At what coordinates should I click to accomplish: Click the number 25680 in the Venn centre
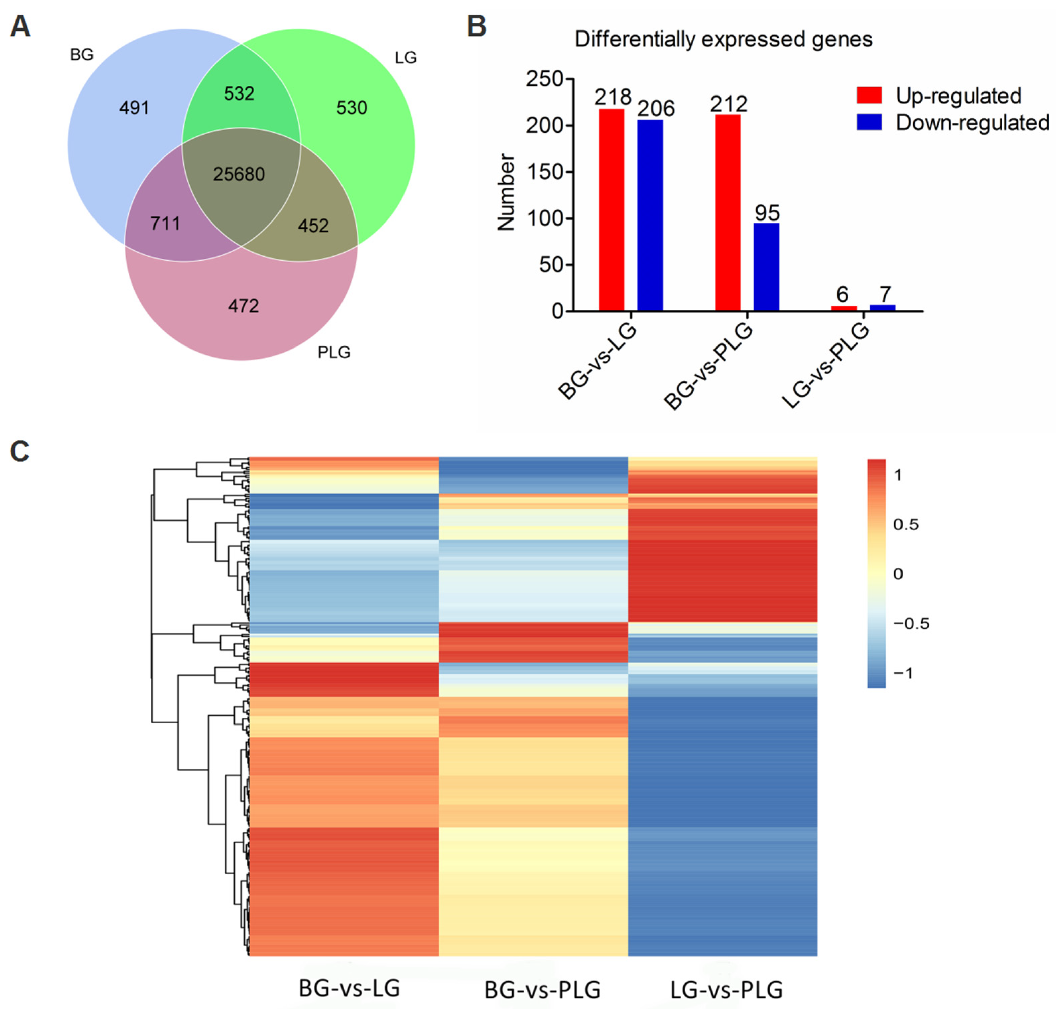click(x=239, y=174)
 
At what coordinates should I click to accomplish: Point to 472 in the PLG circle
click(x=243, y=306)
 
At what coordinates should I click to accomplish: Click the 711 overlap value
click(x=165, y=223)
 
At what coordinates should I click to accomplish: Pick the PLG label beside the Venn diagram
click(x=333, y=352)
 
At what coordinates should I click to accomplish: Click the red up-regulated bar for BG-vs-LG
click(x=612, y=210)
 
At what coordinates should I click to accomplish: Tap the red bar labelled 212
click(x=727, y=212)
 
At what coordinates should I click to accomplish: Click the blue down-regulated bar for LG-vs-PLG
click(x=882, y=308)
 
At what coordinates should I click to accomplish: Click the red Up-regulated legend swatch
click(x=869, y=95)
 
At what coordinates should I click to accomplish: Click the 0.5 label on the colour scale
click(x=906, y=524)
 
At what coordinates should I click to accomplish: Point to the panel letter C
click(x=20, y=451)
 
